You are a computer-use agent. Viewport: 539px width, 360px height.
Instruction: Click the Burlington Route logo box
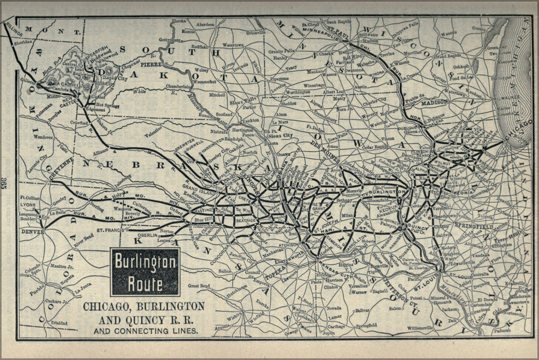click(x=145, y=272)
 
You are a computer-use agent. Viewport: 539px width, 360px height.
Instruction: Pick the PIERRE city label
click(x=155, y=65)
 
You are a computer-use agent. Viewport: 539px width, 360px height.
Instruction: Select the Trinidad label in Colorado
click(x=59, y=322)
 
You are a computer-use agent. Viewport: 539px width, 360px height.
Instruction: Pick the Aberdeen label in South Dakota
click(x=206, y=24)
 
